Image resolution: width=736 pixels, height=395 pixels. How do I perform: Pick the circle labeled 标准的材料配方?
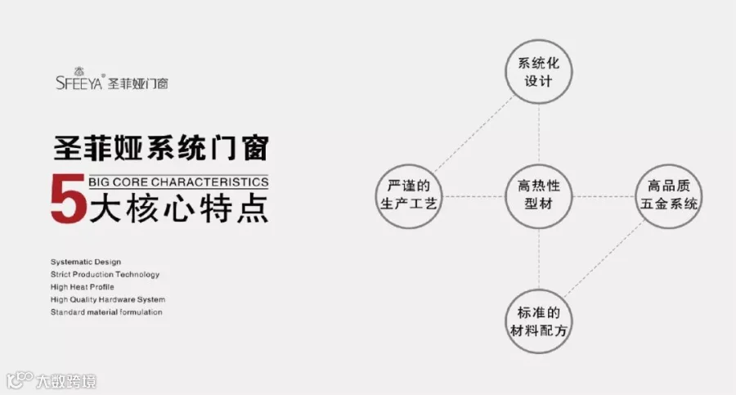click(x=538, y=321)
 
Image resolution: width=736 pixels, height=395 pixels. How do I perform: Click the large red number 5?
click(x=67, y=199)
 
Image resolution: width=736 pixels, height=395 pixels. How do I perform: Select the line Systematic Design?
click(x=86, y=262)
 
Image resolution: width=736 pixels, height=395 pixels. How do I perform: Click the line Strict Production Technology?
click(x=105, y=274)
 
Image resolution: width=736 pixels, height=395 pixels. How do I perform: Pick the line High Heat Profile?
click(x=83, y=287)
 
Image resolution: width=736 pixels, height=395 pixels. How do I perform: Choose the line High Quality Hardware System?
click(x=108, y=299)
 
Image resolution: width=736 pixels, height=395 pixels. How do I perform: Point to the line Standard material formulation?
click(x=106, y=312)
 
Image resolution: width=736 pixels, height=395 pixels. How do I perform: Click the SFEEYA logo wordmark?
click(x=79, y=83)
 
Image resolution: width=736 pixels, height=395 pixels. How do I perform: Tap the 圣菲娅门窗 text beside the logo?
click(x=138, y=83)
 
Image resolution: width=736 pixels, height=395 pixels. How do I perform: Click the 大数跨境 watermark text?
click(x=66, y=380)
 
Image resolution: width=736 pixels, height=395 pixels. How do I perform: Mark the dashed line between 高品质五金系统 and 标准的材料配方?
click(x=605, y=259)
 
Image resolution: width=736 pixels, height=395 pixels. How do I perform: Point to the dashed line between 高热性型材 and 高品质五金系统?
click(x=604, y=195)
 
